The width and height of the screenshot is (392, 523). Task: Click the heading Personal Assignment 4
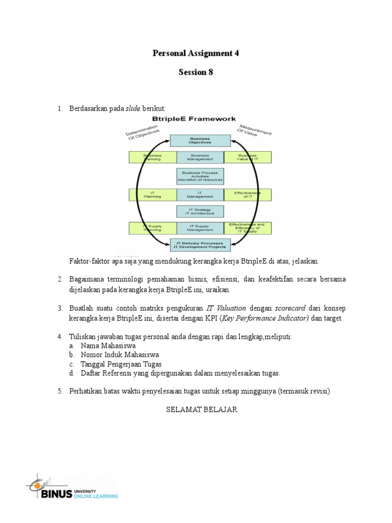point(196,53)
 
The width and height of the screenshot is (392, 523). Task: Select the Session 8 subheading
point(195,72)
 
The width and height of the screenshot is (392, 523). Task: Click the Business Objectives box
point(200,140)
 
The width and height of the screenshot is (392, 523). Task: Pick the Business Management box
point(200,157)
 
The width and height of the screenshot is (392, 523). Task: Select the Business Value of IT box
point(247,157)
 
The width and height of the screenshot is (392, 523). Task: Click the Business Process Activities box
point(200,176)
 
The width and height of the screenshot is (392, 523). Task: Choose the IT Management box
point(200,195)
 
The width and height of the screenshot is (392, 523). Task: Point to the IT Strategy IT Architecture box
point(200,211)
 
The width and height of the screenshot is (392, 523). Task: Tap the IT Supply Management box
point(200,228)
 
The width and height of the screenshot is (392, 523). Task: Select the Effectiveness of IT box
point(247,195)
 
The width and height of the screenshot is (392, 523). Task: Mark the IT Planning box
point(152,195)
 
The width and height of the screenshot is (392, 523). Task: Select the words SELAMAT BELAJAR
point(202,410)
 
